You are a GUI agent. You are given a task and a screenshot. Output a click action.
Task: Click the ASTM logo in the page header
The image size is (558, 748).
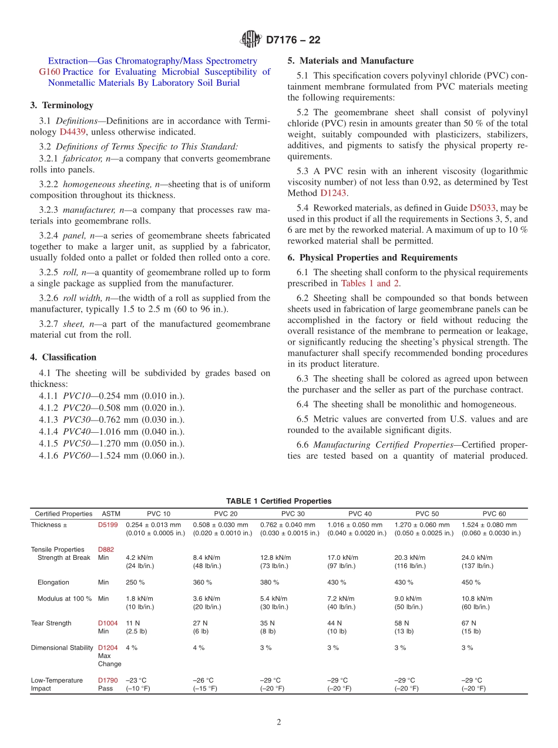(251, 40)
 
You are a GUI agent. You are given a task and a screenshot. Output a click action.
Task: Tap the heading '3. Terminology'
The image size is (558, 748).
(62, 105)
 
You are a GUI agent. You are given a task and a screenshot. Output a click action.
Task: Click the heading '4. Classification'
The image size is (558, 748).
(63, 357)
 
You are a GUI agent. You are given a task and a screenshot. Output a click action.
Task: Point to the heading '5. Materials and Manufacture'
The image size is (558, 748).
(350, 61)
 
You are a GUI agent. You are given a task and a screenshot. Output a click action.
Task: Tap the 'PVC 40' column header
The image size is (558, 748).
(359, 513)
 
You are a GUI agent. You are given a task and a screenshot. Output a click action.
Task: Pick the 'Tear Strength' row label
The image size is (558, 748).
(51, 623)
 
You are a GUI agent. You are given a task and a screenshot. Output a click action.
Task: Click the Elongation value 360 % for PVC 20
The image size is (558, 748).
(202, 582)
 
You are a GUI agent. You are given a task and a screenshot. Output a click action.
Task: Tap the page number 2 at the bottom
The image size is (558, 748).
(279, 722)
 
